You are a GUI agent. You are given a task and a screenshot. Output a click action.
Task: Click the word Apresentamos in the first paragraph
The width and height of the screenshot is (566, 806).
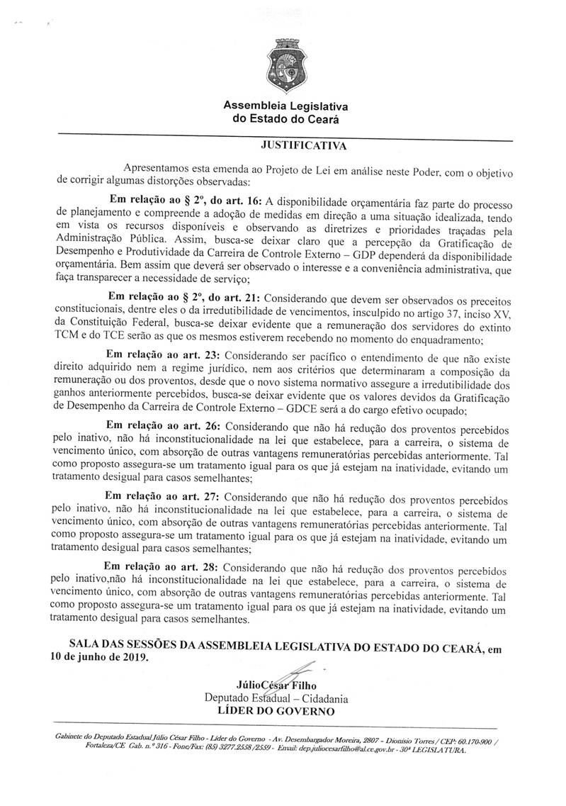tap(157, 169)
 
